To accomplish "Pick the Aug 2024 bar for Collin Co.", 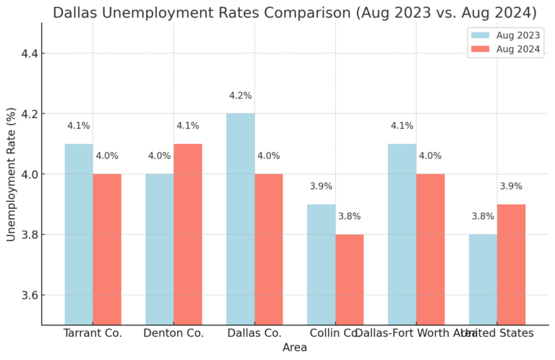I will tap(350, 279).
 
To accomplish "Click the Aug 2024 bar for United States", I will tap(511, 264).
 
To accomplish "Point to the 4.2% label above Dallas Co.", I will tap(240, 95).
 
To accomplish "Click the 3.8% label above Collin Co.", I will tap(350, 216).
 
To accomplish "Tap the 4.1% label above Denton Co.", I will tap(188, 126).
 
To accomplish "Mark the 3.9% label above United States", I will tap(511, 187).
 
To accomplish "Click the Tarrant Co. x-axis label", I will tap(92, 333).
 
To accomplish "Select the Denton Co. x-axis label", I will tap(173, 333).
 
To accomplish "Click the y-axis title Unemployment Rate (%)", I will tap(11, 174).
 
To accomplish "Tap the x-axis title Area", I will tap(295, 348).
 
